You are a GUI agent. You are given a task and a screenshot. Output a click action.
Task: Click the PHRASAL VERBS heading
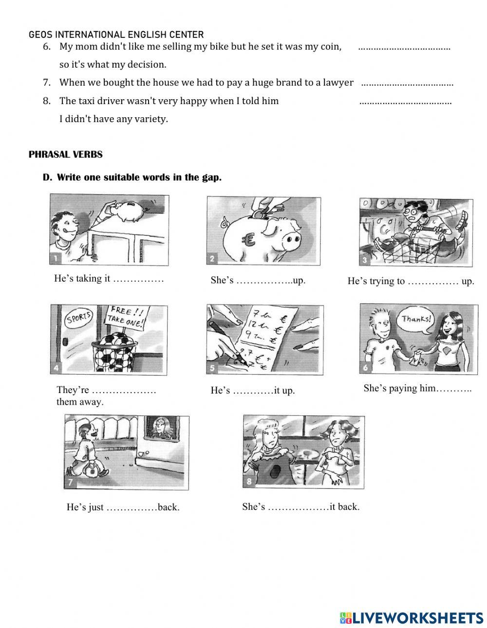click(65, 155)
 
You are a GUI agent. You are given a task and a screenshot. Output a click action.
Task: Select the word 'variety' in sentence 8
click(149, 119)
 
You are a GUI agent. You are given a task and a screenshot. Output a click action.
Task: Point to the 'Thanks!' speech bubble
click(416, 320)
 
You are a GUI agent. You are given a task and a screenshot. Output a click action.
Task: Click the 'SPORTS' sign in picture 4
click(78, 319)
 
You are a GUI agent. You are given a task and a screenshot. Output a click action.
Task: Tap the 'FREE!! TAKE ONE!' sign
click(127, 317)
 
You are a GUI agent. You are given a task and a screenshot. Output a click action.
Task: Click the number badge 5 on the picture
click(212, 368)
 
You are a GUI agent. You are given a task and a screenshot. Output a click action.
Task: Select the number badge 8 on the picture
click(248, 482)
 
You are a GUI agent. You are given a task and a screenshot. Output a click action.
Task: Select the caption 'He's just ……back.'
click(123, 507)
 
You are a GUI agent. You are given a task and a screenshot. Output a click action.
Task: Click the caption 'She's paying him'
click(417, 388)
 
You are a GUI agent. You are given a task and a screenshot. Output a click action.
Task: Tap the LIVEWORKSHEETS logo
click(411, 618)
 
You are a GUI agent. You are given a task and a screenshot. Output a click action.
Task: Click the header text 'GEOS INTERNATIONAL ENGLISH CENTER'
click(116, 35)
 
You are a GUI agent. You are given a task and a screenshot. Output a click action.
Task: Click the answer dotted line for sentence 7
click(407, 84)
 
